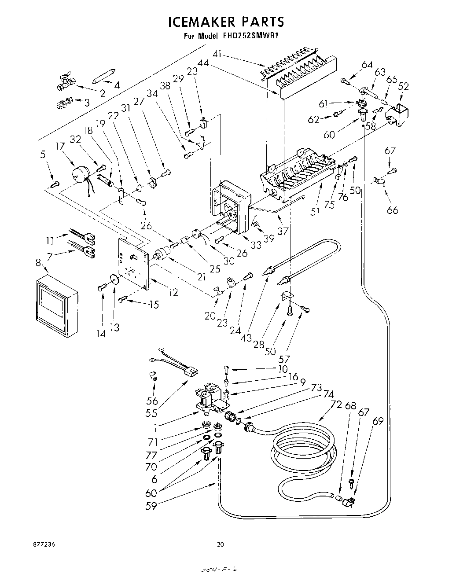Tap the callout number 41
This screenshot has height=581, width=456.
217,55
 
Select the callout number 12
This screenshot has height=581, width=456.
173,292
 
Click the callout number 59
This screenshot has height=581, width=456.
151,506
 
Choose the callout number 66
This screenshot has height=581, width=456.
392,210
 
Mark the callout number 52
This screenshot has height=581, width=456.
403,86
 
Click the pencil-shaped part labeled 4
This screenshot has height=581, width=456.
104,75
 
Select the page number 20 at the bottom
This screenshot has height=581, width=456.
221,544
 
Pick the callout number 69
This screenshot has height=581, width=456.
378,421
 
